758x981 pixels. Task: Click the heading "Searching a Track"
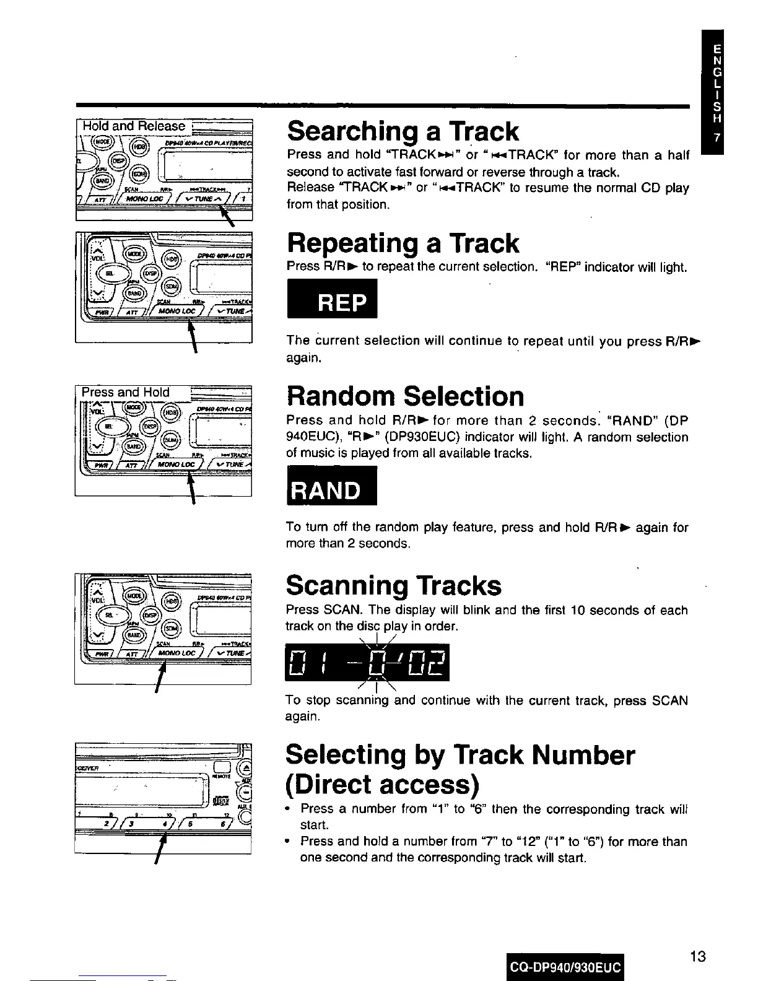(x=403, y=132)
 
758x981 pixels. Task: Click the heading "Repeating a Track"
(x=403, y=243)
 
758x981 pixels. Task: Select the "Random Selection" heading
(x=405, y=396)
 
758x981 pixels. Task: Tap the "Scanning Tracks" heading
(x=393, y=585)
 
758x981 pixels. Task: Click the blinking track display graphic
(x=367, y=662)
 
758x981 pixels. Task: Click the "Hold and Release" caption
(x=134, y=126)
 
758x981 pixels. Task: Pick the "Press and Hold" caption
(x=126, y=392)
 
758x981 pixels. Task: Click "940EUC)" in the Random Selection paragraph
(x=310, y=437)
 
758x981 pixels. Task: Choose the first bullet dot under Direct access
(x=289, y=808)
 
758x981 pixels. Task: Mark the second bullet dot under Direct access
(x=289, y=841)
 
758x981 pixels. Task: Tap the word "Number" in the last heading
(x=583, y=755)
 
